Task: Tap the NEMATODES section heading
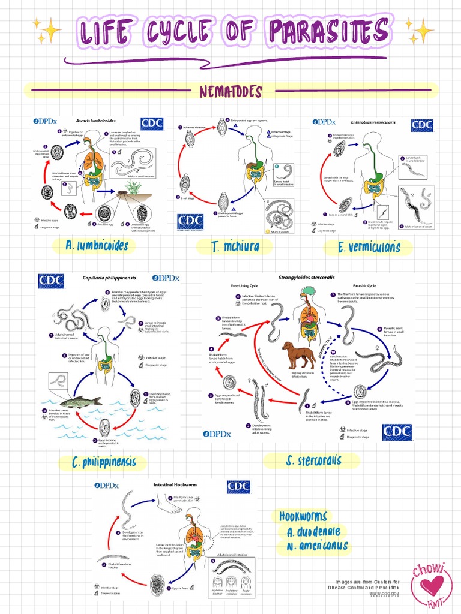pos(230,92)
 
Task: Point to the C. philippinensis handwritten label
pos(103,462)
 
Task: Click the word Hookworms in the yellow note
pos(303,517)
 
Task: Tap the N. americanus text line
pos(317,546)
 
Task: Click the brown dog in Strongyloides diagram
pos(298,354)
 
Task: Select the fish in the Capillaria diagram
pos(79,402)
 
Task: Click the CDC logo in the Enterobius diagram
pos(422,125)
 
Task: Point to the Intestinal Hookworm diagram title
pos(173,484)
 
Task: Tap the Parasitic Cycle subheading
pos(364,286)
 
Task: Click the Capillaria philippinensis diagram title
pos(110,278)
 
